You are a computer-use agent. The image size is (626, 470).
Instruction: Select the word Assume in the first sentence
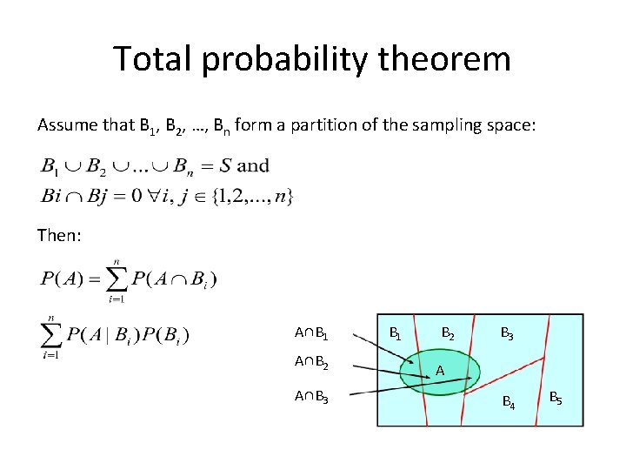[x=65, y=125]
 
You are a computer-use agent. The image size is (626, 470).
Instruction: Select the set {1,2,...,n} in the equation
[x=256, y=196]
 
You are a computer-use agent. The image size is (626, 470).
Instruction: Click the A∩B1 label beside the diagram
[x=310, y=333]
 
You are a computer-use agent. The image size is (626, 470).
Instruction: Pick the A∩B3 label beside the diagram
[x=310, y=397]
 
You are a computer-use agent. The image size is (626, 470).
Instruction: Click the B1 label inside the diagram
[x=395, y=333]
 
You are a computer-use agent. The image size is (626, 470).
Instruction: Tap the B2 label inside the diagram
[x=448, y=333]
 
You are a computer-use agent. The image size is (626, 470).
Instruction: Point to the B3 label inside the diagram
[x=505, y=333]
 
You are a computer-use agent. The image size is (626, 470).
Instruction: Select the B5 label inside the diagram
[x=555, y=399]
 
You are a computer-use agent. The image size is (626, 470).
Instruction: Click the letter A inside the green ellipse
[x=441, y=371]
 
